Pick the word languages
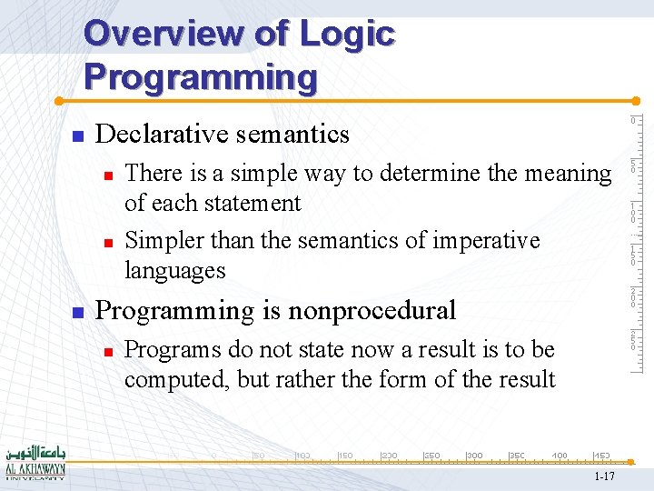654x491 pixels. click(x=174, y=270)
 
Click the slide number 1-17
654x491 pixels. click(x=604, y=476)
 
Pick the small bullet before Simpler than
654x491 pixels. click(x=107, y=243)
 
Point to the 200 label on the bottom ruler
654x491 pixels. click(x=388, y=455)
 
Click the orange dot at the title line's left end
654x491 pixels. click(x=56, y=100)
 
